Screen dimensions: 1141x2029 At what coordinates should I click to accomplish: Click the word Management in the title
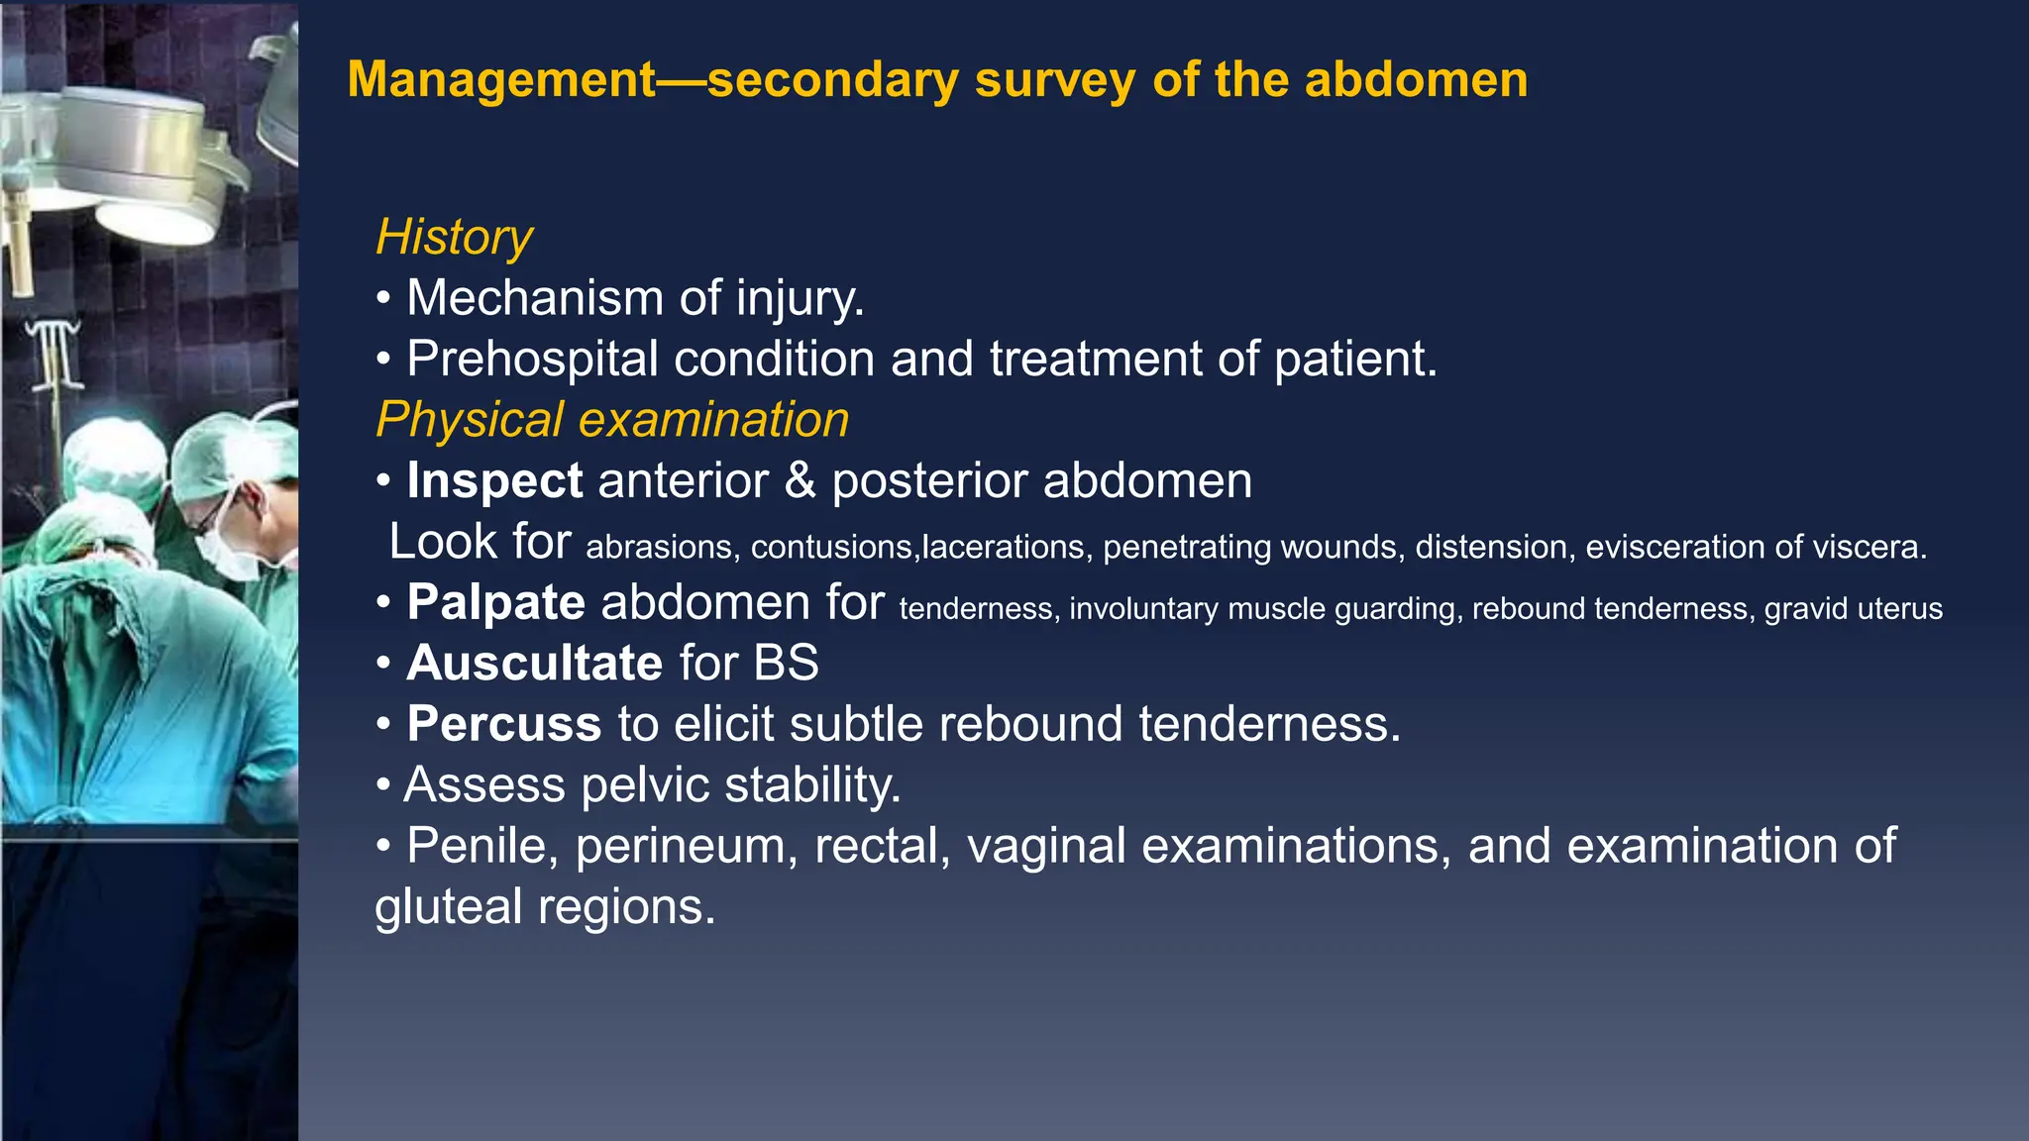501,80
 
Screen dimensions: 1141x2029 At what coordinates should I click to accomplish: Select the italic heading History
454,238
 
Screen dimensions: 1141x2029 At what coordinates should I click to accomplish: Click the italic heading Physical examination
612,420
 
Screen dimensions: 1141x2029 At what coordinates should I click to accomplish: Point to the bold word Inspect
494,481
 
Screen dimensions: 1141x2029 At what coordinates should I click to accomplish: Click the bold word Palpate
495,603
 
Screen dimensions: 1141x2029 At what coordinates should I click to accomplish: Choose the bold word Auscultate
534,664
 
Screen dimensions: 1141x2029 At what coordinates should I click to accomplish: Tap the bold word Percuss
503,725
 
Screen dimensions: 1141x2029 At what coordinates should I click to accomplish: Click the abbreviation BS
786,664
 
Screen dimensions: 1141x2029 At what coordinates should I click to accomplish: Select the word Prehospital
532,360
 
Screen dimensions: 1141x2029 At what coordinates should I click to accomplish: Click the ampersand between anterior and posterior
800,481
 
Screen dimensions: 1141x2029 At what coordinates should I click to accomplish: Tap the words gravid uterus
1853,608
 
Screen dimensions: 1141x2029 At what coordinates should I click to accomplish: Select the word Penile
482,847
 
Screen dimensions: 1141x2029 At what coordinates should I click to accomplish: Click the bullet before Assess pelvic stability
383,786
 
